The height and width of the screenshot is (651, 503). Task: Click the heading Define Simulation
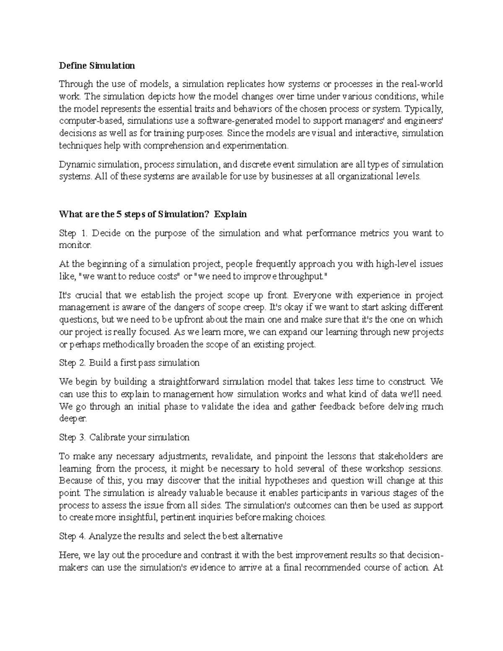(97, 65)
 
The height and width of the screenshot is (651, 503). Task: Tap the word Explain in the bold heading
(230, 214)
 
